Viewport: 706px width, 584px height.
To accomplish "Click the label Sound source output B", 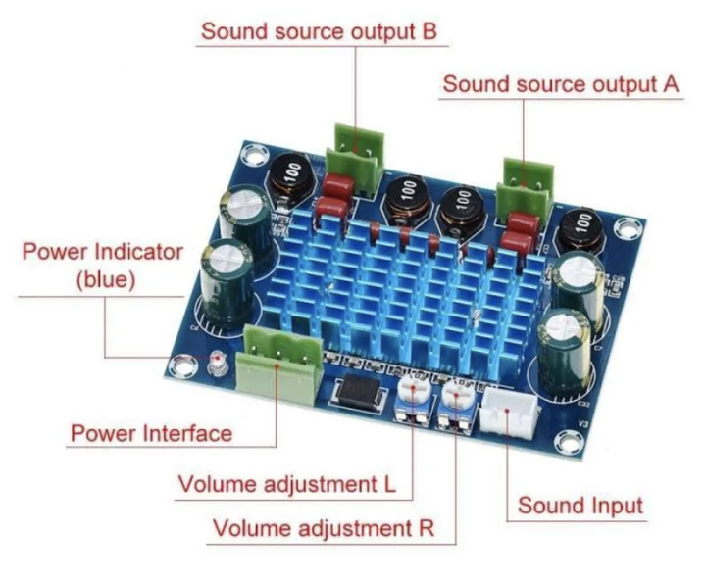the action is tap(319, 32).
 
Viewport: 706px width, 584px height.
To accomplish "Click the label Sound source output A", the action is tap(561, 84).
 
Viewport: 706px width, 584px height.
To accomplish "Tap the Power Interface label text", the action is tap(151, 433).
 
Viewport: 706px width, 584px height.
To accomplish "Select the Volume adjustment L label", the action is tap(287, 485).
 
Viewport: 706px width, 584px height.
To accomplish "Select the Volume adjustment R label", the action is tap(324, 528).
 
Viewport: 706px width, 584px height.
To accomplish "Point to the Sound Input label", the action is tap(580, 506).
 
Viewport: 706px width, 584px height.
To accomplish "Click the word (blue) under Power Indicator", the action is tap(106, 280).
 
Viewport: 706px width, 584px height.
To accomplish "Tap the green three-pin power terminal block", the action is tap(279, 363).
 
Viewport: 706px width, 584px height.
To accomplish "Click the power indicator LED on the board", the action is tap(218, 364).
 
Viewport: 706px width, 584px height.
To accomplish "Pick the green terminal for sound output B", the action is tap(356, 160).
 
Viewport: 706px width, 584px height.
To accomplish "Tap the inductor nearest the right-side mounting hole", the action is tap(580, 230).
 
